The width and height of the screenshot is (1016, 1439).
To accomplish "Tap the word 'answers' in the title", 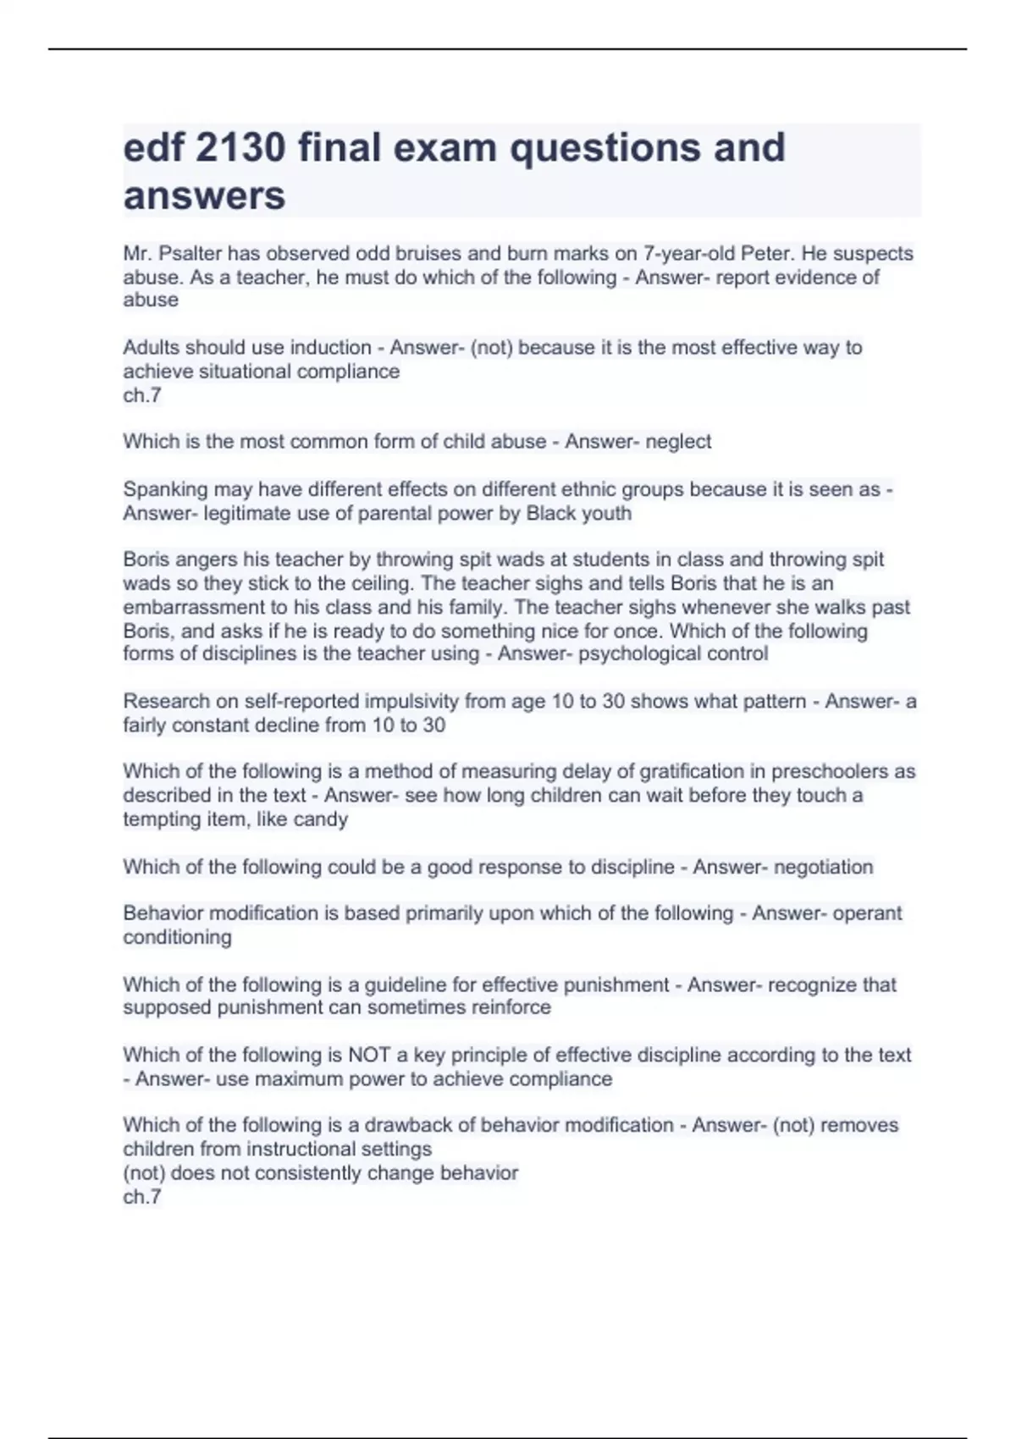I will [x=204, y=196].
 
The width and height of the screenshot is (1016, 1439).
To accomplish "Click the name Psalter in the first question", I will [x=186, y=254].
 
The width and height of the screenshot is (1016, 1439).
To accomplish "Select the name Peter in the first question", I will [x=768, y=254].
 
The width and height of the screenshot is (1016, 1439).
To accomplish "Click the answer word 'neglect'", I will [x=678, y=442].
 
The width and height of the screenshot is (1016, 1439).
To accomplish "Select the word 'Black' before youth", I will [x=555, y=514].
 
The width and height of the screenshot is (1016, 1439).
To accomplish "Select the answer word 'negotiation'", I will [x=823, y=867].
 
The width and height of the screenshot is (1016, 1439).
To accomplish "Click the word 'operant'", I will [x=869, y=913].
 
